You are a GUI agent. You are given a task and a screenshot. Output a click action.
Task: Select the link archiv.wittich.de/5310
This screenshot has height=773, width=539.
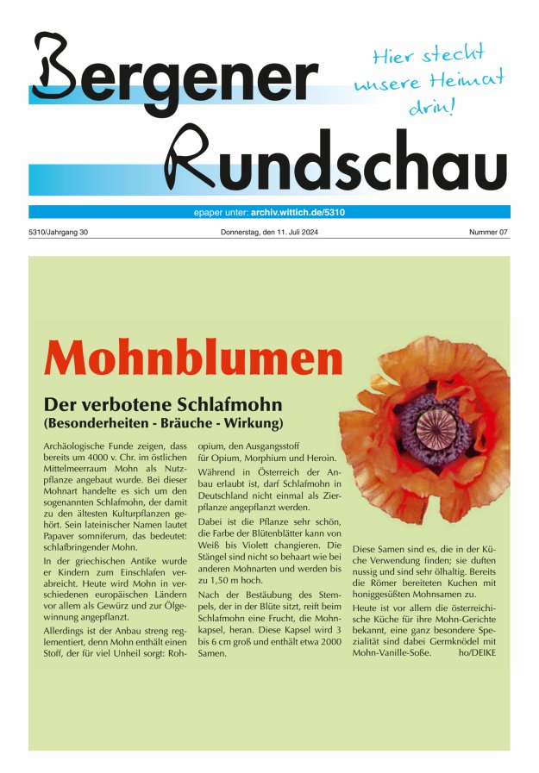coord(298,212)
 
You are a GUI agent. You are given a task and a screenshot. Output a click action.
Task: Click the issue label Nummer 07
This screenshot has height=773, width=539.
coord(489,233)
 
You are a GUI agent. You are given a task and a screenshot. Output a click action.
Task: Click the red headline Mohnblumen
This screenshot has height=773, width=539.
coord(193,358)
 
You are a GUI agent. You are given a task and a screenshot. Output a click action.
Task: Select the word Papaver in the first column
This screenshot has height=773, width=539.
coord(62,529)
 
